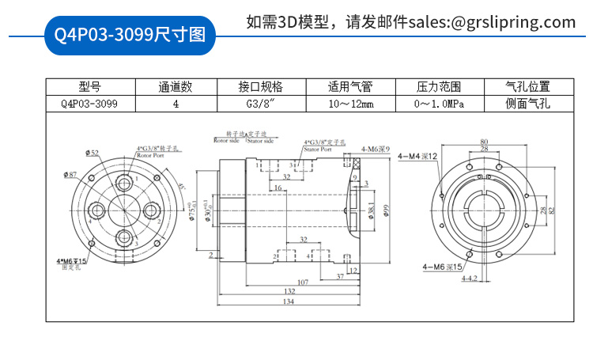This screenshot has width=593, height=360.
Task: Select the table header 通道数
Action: (x=175, y=87)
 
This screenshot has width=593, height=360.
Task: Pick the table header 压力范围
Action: (x=439, y=87)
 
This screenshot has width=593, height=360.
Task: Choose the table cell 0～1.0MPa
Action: (x=439, y=104)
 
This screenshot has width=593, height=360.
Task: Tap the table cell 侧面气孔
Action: (x=527, y=104)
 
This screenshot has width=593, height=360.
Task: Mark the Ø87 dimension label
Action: (x=70, y=174)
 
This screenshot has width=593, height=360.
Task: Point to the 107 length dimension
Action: (x=302, y=282)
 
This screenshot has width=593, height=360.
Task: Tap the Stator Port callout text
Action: (x=316, y=148)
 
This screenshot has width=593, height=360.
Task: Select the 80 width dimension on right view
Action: (x=484, y=142)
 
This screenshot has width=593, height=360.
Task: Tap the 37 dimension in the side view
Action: (x=339, y=276)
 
